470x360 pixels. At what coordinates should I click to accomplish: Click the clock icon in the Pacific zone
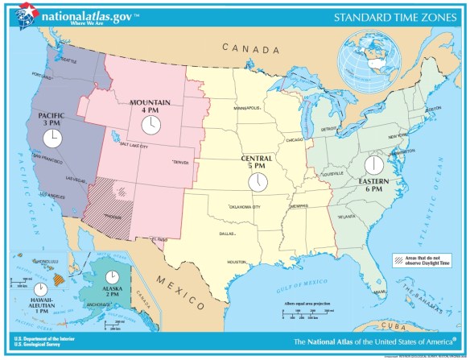(52, 139)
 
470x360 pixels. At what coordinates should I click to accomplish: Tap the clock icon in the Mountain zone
(150, 125)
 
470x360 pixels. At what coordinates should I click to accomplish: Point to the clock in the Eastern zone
(373, 166)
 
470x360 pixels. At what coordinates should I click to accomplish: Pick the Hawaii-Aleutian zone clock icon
(39, 289)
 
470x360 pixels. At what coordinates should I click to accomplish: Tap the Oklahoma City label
(245, 207)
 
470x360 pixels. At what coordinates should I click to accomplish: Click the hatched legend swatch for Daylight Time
(398, 259)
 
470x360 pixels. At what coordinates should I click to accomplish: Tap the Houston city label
(236, 262)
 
